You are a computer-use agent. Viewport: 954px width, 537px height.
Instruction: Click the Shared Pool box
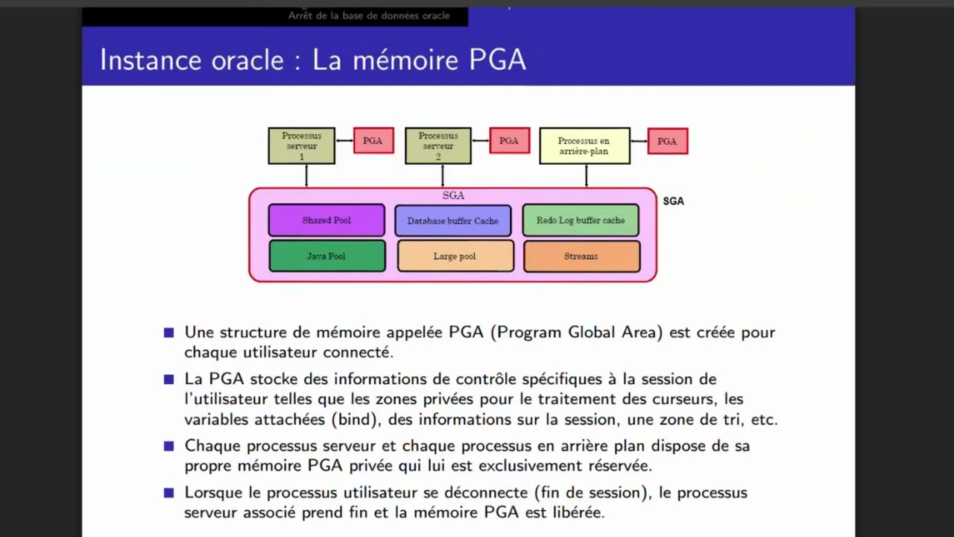326,220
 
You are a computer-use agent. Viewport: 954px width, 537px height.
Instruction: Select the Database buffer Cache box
453,221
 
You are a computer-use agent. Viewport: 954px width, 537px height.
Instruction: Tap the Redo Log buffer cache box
581,220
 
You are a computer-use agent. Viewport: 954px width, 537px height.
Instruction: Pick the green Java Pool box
326,256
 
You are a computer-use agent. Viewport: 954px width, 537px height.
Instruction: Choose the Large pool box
455,256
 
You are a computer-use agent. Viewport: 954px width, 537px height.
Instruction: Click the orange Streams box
581,256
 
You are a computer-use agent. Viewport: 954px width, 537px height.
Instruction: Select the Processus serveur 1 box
302,145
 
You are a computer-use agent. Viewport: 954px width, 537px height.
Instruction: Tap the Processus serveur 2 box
438,145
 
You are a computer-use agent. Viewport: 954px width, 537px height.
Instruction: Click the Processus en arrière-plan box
584,145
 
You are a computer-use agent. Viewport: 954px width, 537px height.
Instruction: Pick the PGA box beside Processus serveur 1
373,141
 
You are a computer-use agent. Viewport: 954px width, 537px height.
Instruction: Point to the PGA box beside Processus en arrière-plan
667,141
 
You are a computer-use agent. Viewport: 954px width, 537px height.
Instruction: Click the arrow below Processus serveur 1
306,175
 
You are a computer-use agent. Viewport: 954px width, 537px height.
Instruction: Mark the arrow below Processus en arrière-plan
586,175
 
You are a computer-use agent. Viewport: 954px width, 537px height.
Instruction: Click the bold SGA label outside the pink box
673,201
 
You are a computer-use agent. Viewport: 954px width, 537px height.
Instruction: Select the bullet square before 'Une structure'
169,333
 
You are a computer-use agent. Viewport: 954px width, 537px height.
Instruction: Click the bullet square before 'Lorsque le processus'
169,492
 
